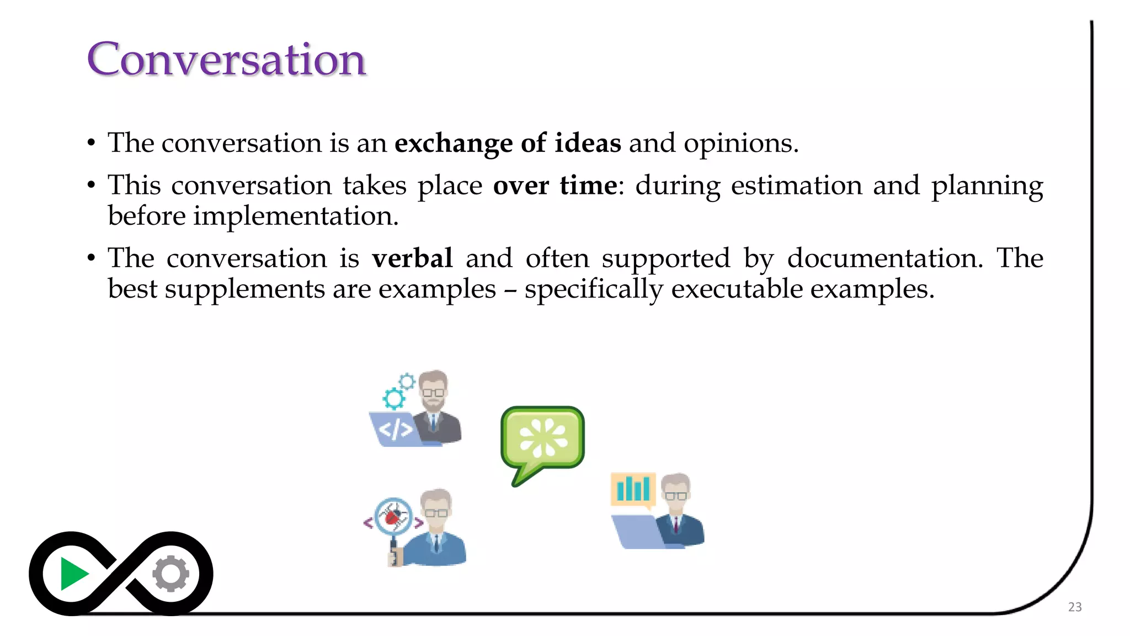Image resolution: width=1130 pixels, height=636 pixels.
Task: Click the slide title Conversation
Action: click(226, 59)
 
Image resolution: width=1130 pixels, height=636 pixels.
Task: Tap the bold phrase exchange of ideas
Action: click(507, 144)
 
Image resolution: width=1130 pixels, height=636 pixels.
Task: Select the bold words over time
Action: click(555, 185)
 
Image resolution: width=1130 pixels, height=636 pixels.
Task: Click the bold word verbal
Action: click(412, 258)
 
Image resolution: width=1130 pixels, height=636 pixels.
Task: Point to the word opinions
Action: click(740, 144)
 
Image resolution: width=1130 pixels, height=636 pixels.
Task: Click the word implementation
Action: click(295, 216)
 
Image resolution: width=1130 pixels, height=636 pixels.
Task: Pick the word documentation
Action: click(884, 258)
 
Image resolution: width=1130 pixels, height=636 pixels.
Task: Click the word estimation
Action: click(796, 185)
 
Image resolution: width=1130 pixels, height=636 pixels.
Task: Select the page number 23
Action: click(1074, 607)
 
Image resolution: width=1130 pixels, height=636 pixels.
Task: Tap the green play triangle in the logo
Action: click(73, 574)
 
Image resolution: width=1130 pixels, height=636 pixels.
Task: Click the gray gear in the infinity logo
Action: click(170, 574)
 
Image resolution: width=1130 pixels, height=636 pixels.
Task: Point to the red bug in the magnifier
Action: click(393, 517)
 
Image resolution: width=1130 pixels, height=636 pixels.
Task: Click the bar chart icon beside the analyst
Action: click(633, 489)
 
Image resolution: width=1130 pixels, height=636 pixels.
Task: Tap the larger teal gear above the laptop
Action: click(394, 398)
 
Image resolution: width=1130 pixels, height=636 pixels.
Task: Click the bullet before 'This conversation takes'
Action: click(92, 185)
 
